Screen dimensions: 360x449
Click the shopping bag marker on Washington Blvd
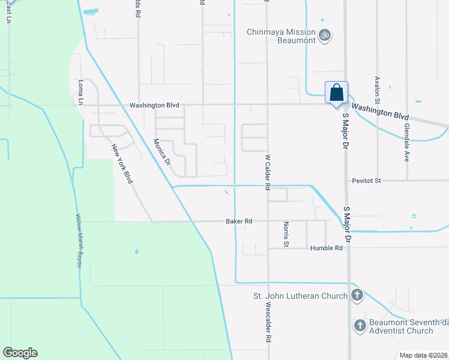pyautogui.click(x=336, y=94)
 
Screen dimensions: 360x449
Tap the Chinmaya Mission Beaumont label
pyautogui.click(x=282, y=36)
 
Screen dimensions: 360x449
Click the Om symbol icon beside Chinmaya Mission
pyautogui.click(x=325, y=35)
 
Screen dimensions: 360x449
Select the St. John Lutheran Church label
pyautogui.click(x=300, y=296)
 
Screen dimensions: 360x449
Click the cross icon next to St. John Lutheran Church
pyautogui.click(x=357, y=295)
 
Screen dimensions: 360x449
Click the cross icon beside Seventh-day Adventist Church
pyautogui.click(x=360, y=326)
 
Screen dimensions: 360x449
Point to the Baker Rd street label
pyautogui.click(x=238, y=221)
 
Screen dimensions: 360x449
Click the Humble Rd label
pyautogui.click(x=326, y=248)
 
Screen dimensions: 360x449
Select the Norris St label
pyautogui.click(x=286, y=234)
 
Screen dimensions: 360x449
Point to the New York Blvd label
pyautogui.click(x=121, y=164)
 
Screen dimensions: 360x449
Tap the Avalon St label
pyautogui.click(x=378, y=88)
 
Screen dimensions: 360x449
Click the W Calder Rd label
pyautogui.click(x=268, y=172)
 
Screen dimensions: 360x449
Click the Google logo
pyautogui.click(x=20, y=353)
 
